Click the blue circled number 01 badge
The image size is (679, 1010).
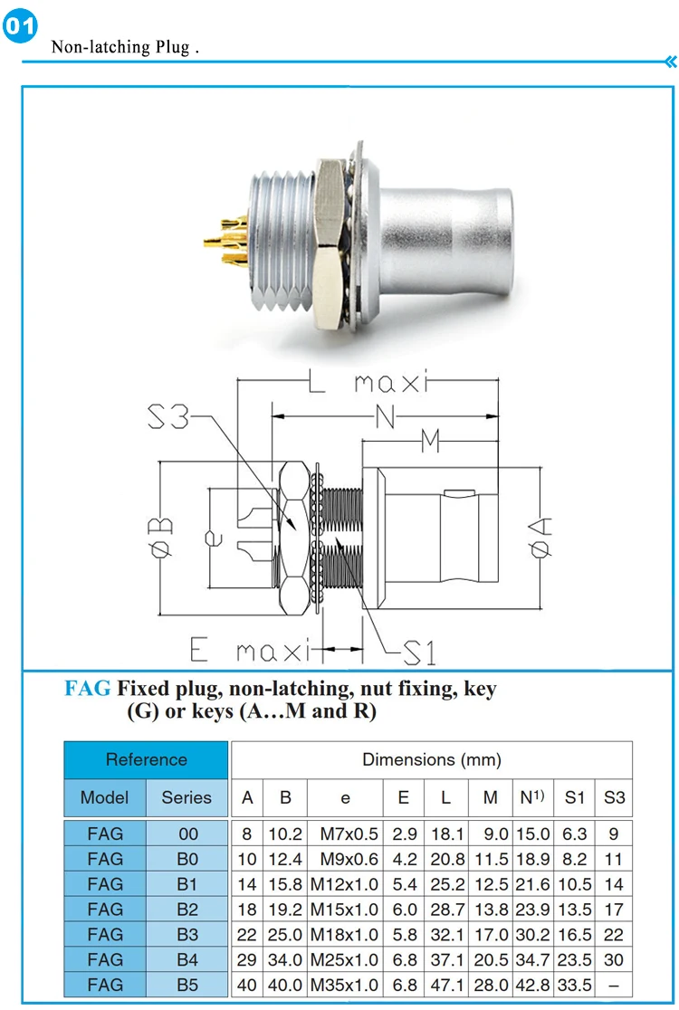click(20, 25)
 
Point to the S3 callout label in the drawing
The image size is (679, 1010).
click(168, 416)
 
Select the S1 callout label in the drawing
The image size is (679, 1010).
click(419, 653)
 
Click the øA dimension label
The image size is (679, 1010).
click(540, 537)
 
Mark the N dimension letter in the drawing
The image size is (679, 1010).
click(385, 416)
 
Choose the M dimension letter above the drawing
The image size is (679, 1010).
click(430, 442)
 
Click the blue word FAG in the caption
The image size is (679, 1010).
click(88, 689)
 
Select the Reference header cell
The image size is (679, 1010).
click(147, 760)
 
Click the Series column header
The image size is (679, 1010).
click(186, 797)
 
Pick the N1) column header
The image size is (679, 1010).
click(532, 797)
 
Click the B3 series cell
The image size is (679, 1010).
click(186, 935)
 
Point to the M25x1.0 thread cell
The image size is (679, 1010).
click(345, 959)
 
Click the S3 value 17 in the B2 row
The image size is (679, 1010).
click(614, 910)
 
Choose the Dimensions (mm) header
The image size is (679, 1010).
click(432, 760)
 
